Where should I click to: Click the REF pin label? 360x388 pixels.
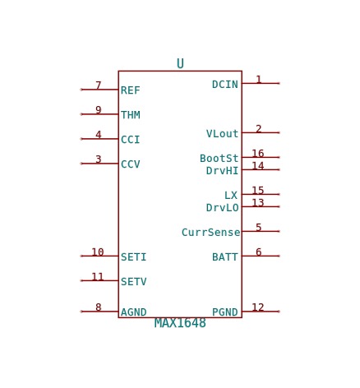(131, 90)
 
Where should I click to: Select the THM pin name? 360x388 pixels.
(131, 115)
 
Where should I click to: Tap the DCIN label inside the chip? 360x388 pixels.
(225, 85)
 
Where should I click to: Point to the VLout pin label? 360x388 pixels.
(222, 134)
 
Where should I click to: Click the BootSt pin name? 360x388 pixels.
(219, 159)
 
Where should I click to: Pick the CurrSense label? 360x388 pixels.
(210, 233)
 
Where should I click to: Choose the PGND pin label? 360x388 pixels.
(225, 312)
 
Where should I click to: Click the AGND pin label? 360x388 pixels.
(134, 312)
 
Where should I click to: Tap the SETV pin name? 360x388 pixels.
(134, 281)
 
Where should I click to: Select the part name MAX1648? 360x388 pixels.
(180, 323)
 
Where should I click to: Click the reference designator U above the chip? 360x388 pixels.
(180, 63)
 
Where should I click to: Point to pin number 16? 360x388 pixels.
(258, 153)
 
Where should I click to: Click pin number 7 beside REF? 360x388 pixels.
(99, 85)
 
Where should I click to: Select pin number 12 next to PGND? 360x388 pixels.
(258, 307)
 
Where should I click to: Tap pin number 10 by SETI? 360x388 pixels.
(98, 252)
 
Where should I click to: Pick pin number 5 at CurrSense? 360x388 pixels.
(258, 227)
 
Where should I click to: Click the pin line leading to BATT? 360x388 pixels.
(261, 256)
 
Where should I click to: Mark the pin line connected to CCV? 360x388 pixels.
(99, 164)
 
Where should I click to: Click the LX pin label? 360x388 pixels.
(231, 196)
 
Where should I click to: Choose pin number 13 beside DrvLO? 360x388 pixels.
(258, 202)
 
